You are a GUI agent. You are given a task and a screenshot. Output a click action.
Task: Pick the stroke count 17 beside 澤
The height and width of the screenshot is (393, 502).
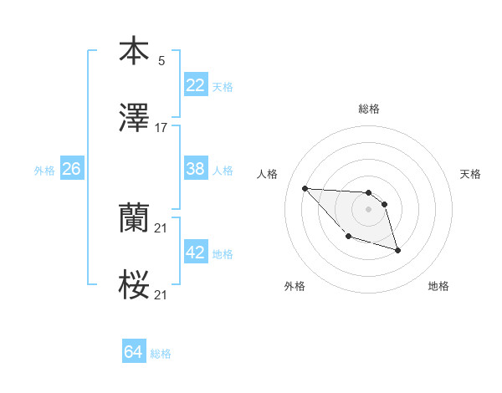point(161,128)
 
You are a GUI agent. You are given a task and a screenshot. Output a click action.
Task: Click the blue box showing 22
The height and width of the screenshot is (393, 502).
point(196,85)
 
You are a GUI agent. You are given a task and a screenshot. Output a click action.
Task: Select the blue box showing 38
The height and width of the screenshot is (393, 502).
point(196,169)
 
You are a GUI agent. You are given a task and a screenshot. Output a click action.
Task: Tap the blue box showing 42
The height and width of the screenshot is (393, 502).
point(196,253)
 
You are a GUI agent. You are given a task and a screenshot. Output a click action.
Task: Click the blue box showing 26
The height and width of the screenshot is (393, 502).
point(71,169)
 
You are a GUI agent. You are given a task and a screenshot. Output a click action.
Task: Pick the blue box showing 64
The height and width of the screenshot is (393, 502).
point(134,352)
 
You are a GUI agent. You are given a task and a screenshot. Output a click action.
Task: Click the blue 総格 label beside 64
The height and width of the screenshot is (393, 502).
point(161,354)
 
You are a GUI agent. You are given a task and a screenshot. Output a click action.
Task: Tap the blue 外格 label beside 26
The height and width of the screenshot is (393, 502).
point(44,171)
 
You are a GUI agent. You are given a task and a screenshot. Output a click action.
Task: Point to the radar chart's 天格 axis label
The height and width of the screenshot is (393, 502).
point(471,174)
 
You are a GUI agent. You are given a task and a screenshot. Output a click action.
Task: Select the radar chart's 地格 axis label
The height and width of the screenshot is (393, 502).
point(438,287)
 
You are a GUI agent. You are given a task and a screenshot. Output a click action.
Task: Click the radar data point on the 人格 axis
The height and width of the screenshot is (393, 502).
point(305,188)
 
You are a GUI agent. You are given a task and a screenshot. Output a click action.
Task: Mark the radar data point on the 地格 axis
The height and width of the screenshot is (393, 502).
point(397,250)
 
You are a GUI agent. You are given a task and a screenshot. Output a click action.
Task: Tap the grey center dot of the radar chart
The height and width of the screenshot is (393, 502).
point(368,209)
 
